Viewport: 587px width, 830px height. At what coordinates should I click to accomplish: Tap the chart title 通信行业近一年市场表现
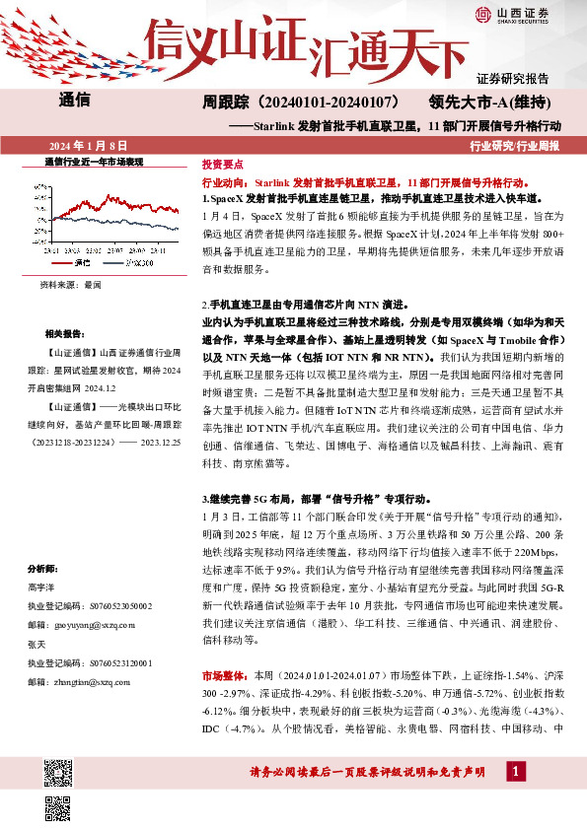coord(94,161)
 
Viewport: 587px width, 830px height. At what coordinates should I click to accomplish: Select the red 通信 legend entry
coord(79,264)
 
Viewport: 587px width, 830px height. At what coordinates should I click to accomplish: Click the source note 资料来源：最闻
coord(70,284)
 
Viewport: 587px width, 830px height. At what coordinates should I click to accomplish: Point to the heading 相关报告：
coord(65,334)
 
